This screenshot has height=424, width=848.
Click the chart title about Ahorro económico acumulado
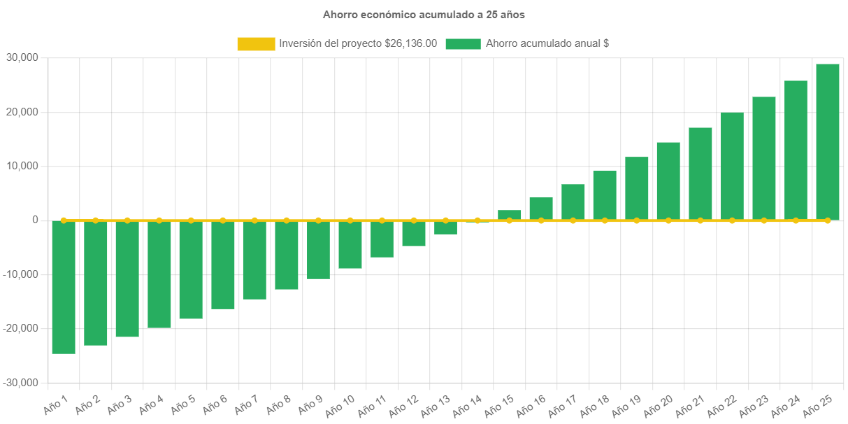tap(424, 14)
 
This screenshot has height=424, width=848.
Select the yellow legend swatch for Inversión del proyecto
tap(256, 43)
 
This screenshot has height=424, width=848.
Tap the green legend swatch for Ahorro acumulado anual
tap(463, 43)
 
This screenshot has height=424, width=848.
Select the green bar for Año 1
tap(64, 287)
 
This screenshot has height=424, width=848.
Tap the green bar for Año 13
tap(446, 228)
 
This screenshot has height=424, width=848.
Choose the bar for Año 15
tap(510, 215)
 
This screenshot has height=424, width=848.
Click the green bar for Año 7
tap(254, 260)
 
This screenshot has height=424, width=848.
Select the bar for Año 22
tap(732, 167)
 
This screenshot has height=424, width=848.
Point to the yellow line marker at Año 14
tap(477, 220)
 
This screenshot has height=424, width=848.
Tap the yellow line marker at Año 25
tap(828, 220)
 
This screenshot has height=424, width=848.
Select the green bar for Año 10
tap(350, 244)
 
